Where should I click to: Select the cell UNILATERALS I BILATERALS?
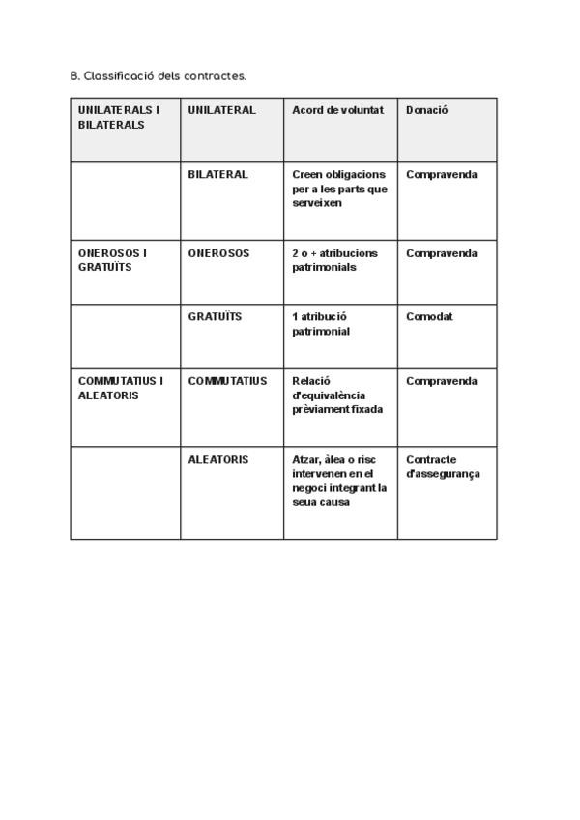115,117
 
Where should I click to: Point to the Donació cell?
426,110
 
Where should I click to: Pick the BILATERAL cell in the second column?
217,174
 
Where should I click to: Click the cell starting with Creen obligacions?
339,189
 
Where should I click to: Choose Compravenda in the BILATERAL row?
442,174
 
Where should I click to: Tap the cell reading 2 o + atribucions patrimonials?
334,260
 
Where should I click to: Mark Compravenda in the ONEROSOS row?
442,253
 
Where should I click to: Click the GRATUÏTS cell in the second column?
215,316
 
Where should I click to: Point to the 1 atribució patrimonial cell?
321,323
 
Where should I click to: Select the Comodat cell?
429,316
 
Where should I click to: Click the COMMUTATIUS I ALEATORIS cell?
120,388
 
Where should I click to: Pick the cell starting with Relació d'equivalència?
337,395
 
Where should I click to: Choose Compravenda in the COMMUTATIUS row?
442,381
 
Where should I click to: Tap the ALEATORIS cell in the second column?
217,459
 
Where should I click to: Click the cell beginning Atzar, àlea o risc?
339,481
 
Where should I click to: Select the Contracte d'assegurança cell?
443,466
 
